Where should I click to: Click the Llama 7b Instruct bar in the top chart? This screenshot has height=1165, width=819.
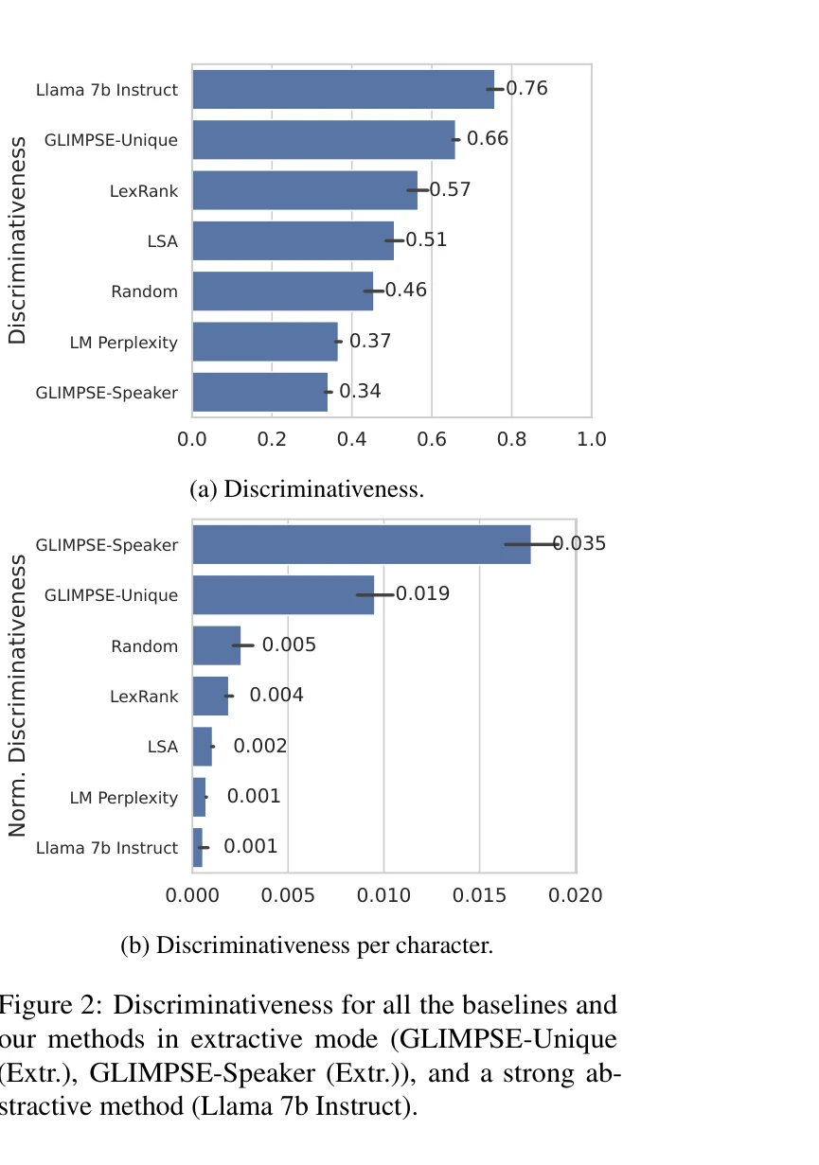pos(343,90)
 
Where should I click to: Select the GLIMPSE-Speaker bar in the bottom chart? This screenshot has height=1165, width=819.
pos(361,544)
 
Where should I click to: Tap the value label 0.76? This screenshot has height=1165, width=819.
pos(526,89)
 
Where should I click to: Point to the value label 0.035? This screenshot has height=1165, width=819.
pos(579,543)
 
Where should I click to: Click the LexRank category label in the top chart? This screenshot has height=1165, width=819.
pos(143,191)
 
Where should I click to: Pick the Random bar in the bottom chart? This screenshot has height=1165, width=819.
pos(216,645)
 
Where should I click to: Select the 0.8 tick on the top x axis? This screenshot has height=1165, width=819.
pos(511,440)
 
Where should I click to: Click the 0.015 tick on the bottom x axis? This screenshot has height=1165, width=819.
pos(480,895)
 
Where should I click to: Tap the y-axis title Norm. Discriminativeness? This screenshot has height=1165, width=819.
pos(17,696)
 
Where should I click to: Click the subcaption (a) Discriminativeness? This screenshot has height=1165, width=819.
pos(307,489)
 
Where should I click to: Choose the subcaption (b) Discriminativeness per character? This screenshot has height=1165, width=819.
pos(307,944)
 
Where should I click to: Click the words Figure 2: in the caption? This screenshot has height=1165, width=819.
pos(49,1004)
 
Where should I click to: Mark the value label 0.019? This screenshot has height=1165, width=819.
pos(422,594)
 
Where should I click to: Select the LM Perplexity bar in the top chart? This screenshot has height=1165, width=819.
pos(265,342)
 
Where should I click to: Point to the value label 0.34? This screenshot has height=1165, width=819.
pos(360,391)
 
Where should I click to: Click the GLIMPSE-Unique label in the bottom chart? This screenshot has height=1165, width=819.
pos(111,595)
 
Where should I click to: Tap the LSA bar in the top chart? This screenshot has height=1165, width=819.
pos(293,240)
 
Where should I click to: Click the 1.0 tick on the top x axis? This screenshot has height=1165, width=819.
pos(592,440)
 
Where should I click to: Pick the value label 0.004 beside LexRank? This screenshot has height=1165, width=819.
pos(276,696)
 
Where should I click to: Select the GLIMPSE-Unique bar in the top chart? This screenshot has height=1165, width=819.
pos(323,140)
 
